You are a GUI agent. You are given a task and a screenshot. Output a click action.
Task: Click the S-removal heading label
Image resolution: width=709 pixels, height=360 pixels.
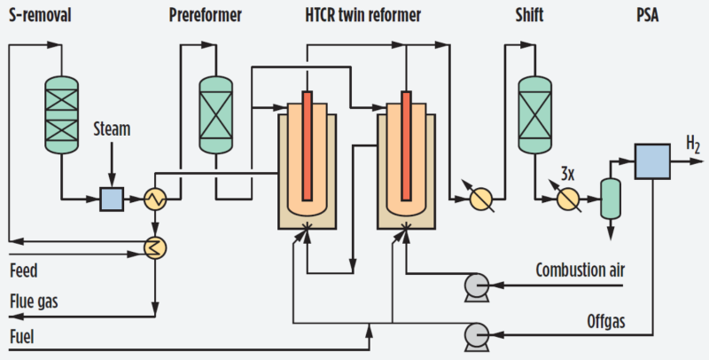pyautogui.click(x=40, y=15)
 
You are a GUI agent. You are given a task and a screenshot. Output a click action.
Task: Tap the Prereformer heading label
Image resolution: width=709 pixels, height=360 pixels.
pyautogui.click(x=206, y=15)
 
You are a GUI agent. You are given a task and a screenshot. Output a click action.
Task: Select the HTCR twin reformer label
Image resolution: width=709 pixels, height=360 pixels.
pyautogui.click(x=363, y=15)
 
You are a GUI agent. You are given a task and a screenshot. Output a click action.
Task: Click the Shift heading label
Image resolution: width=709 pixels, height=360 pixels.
pyautogui.click(x=529, y=15)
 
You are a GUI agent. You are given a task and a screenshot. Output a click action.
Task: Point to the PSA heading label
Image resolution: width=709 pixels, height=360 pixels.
pyautogui.click(x=648, y=15)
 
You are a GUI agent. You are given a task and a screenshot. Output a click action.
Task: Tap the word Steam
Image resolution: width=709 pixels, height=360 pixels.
pyautogui.click(x=112, y=129)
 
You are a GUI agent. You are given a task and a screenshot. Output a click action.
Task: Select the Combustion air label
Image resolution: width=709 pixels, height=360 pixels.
pyautogui.click(x=580, y=270)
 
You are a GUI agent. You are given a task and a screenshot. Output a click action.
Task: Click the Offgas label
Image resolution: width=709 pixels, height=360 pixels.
pyautogui.click(x=606, y=322)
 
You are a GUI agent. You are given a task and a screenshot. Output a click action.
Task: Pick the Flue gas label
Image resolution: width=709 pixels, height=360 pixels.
pyautogui.click(x=34, y=301)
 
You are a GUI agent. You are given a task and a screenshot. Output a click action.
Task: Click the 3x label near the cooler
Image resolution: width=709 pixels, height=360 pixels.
pyautogui.click(x=567, y=174)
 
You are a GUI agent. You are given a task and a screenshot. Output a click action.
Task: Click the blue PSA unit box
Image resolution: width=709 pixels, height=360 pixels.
pyautogui.click(x=652, y=161)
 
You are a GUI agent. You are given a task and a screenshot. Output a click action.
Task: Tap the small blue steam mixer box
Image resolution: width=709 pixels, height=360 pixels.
pyautogui.click(x=112, y=199)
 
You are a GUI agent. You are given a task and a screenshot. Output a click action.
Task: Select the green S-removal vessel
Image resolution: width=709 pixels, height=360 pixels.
pyautogui.click(x=61, y=114)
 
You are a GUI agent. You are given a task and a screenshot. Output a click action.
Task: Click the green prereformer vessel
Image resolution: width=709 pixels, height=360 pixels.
pyautogui.click(x=215, y=114)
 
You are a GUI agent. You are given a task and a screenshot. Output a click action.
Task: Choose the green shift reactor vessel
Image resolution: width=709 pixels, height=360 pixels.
pyautogui.click(x=534, y=114)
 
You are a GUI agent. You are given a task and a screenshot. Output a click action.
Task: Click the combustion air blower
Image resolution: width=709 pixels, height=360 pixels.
pyautogui.click(x=477, y=286)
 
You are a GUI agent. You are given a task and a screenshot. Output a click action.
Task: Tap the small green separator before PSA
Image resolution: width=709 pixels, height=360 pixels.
pyautogui.click(x=611, y=199)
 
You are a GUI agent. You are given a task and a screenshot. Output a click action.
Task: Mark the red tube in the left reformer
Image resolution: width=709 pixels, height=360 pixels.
pyautogui.click(x=307, y=145)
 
